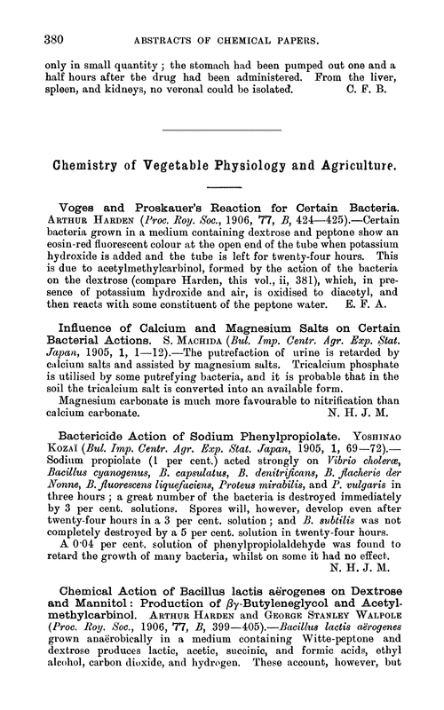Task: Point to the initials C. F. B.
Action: click(385, 90)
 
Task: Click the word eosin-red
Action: click(67, 264)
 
